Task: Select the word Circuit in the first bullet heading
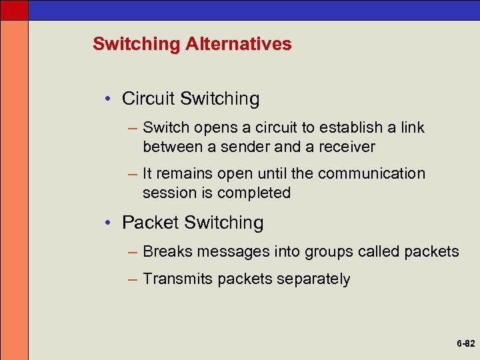click(x=148, y=99)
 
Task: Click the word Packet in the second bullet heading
click(x=150, y=222)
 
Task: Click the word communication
click(x=371, y=173)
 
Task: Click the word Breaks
click(x=167, y=251)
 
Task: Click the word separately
click(x=313, y=279)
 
